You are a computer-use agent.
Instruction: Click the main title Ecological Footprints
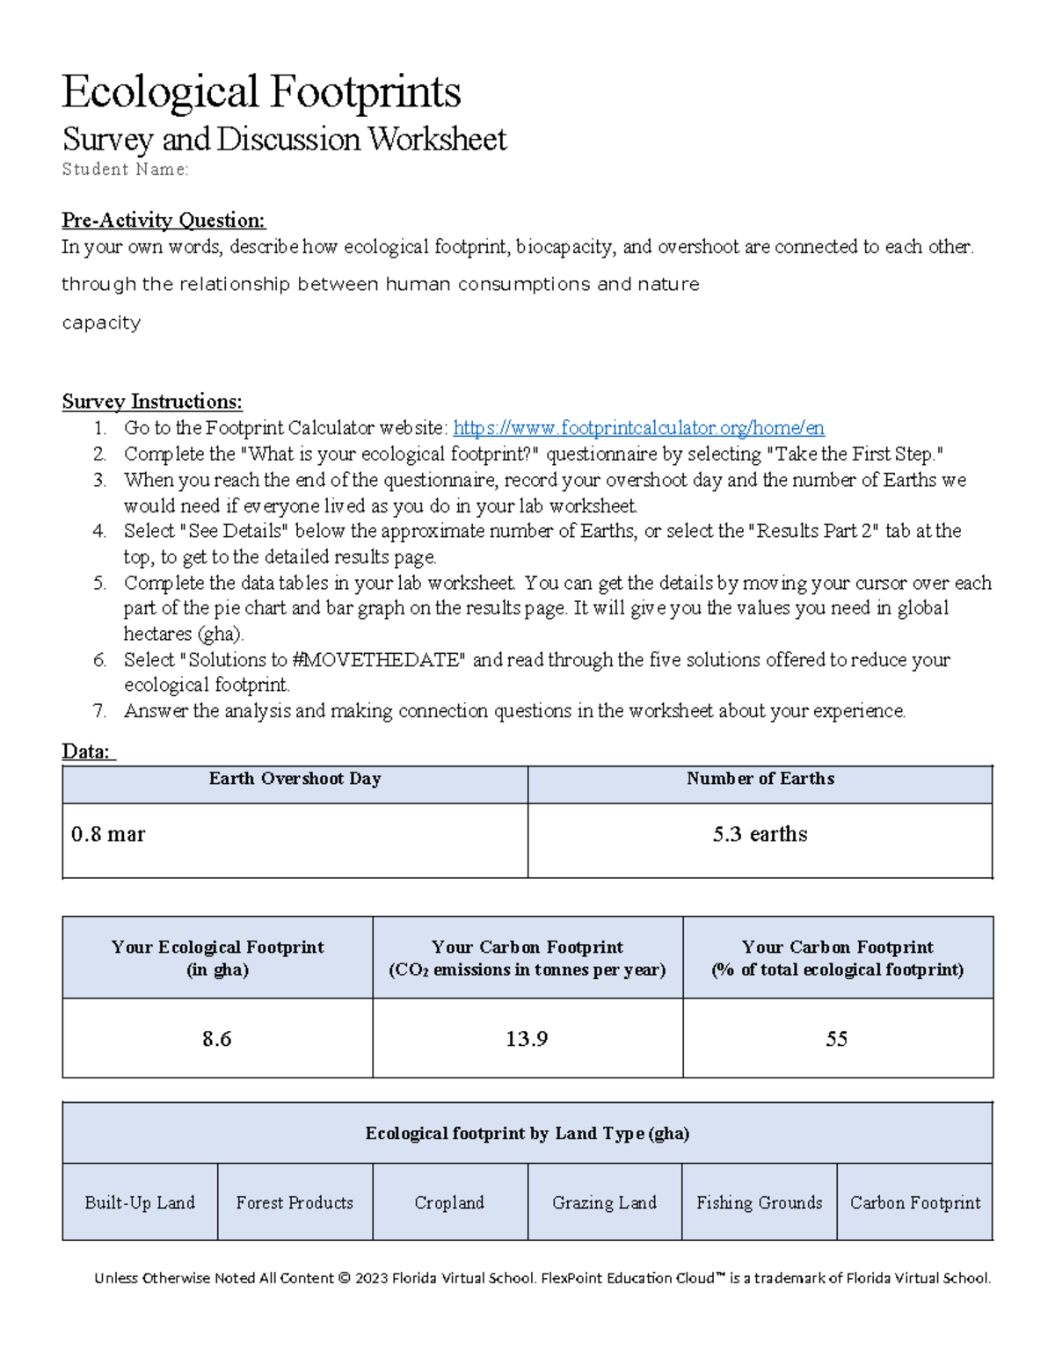pyautogui.click(x=261, y=92)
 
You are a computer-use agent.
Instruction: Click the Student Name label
pyautogui.click(x=125, y=170)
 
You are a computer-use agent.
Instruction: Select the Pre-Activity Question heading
pyautogui.click(x=164, y=220)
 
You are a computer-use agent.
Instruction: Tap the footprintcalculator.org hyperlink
pyautogui.click(x=638, y=428)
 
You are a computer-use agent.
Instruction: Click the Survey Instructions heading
pyautogui.click(x=152, y=402)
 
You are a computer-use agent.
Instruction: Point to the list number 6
pyautogui.click(x=100, y=660)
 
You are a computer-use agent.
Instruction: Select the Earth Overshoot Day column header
pyautogui.click(x=295, y=779)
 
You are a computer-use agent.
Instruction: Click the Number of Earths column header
pyautogui.click(x=760, y=779)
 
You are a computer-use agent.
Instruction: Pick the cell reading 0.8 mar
pyautogui.click(x=108, y=834)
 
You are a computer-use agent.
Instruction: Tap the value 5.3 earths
pyautogui.click(x=760, y=834)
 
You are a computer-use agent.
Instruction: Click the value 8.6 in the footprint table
pyautogui.click(x=217, y=1039)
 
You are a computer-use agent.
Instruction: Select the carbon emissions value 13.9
pyautogui.click(x=527, y=1039)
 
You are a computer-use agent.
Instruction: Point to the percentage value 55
pyautogui.click(x=837, y=1039)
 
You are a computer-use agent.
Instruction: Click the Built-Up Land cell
pyautogui.click(x=140, y=1202)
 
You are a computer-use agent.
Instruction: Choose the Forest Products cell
pyautogui.click(x=295, y=1202)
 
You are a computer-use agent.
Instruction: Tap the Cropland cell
pyautogui.click(x=449, y=1202)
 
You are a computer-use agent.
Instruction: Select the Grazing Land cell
pyautogui.click(x=605, y=1202)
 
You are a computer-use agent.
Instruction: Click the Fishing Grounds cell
pyautogui.click(x=760, y=1202)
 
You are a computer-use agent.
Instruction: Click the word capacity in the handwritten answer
pyautogui.click(x=101, y=323)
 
